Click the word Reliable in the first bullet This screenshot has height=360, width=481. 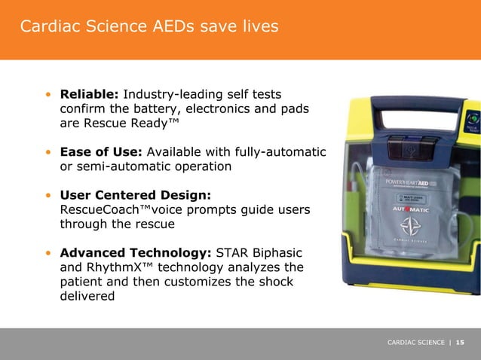click(89, 95)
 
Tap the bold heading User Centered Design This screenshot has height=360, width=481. click(130, 195)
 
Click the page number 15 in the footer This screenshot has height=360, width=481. click(460, 343)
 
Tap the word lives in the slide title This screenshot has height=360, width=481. click(257, 27)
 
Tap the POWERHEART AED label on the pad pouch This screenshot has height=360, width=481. click(412, 182)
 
